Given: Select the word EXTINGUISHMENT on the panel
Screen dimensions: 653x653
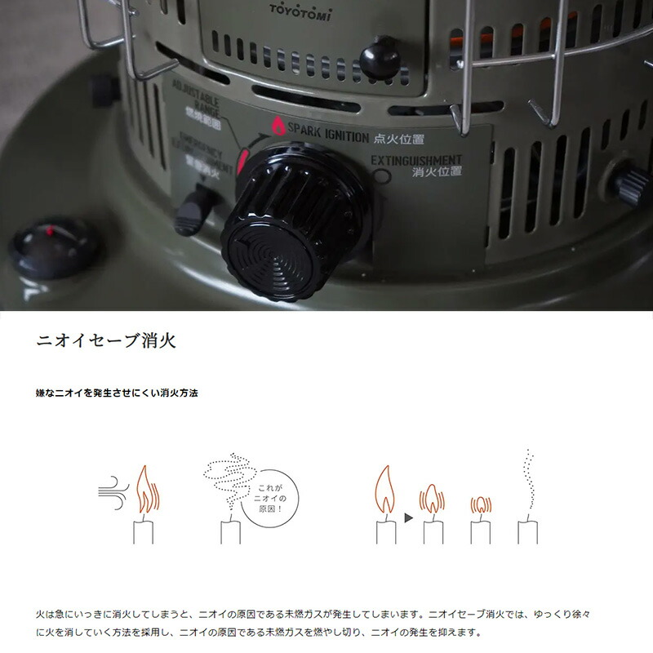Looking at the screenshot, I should click(416, 160).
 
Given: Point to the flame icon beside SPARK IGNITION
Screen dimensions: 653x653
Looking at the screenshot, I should click(278, 127).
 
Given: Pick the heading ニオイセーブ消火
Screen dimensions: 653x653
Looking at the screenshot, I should click(106, 340).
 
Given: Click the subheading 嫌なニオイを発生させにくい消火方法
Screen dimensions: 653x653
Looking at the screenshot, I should click(118, 393).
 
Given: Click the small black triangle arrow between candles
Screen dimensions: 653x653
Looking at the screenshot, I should click(406, 518).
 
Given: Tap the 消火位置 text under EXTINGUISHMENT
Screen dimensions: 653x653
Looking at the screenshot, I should click(438, 172).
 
